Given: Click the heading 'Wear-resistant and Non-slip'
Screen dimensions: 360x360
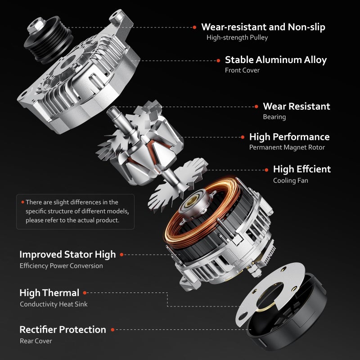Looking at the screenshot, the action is point(263,27).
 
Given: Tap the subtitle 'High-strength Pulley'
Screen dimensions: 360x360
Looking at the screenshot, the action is point(237,37).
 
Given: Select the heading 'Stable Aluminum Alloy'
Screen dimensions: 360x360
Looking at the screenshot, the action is point(276,60).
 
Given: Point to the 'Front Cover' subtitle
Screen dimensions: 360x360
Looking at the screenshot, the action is point(242,70).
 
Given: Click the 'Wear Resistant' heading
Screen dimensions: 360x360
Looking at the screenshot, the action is point(297,106).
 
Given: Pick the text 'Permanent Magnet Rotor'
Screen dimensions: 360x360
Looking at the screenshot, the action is point(287,148).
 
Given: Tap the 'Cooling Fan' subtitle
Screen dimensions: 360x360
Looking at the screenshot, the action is point(290,180).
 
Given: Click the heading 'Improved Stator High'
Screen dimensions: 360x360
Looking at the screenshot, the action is point(67,255).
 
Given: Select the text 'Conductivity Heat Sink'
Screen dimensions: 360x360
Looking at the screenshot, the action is point(54,304).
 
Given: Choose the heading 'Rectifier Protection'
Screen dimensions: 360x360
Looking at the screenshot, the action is point(63,330).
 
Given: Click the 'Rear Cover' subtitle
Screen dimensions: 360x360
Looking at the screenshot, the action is point(36,341).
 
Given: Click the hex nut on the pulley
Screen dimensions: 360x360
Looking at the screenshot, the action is point(36,25).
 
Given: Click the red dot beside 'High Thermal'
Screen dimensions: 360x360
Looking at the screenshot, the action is point(85,293).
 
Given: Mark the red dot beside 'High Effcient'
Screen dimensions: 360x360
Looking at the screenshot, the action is point(266,170).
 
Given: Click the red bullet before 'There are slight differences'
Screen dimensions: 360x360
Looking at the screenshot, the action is point(23,202).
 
